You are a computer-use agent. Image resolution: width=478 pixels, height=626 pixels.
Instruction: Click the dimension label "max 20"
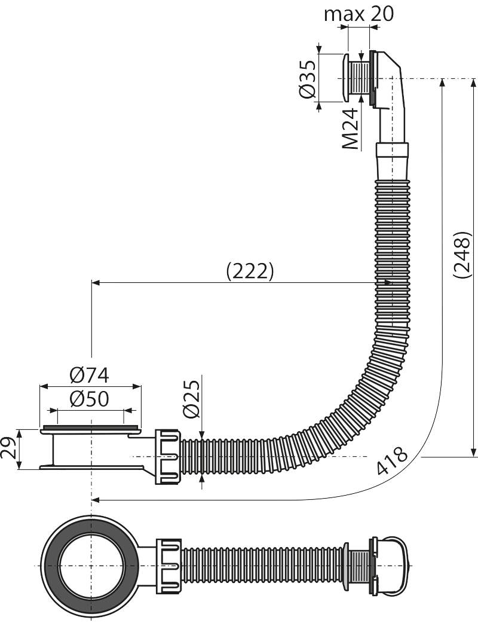(x=358, y=14)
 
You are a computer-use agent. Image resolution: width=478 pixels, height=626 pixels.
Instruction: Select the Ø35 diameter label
(x=308, y=80)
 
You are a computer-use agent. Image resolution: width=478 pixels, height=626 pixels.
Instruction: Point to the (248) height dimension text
(x=462, y=254)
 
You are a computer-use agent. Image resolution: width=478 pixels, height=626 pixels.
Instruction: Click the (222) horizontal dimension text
(x=250, y=272)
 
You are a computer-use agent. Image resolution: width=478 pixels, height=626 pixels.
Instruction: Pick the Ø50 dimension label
(x=88, y=398)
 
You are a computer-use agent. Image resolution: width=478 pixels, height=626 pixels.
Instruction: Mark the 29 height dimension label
(x=9, y=448)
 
